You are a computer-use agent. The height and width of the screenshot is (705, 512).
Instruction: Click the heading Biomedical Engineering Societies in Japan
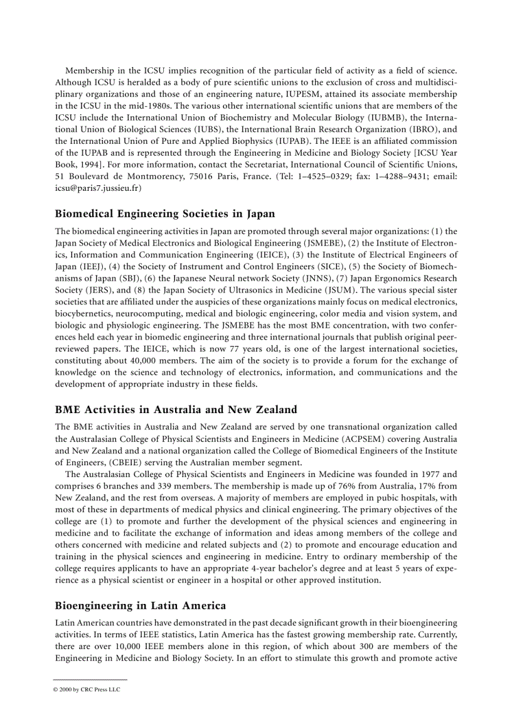(x=164, y=214)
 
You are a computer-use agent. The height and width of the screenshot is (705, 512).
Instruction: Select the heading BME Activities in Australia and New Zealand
(x=176, y=410)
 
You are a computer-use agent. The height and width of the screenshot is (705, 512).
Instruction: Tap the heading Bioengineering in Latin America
(x=140, y=606)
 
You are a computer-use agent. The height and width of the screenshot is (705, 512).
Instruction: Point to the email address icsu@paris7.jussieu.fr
(x=98, y=187)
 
